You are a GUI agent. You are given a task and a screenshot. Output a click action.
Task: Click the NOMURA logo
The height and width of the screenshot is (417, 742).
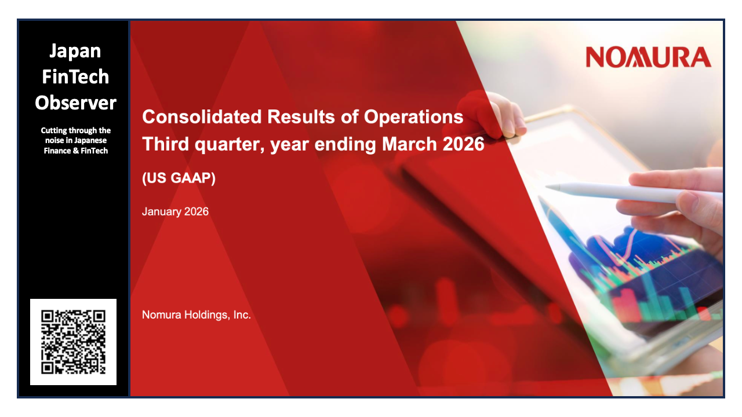[x=648, y=57]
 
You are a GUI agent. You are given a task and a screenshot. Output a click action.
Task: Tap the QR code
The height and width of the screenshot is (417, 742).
[x=73, y=342]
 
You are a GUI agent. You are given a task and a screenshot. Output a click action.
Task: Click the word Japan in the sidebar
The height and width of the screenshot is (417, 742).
[x=75, y=51]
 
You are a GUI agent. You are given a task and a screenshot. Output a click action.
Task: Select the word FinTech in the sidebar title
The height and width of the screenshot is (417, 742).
[x=75, y=76]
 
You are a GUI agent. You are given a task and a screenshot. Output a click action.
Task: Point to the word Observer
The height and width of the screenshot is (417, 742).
[x=75, y=103]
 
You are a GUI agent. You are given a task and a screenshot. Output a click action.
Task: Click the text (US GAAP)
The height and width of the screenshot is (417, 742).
[x=179, y=178]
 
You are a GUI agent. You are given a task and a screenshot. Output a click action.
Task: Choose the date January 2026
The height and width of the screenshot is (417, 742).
[x=175, y=211]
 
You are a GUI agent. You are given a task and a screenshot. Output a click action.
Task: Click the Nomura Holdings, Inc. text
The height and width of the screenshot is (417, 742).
[x=197, y=315]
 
